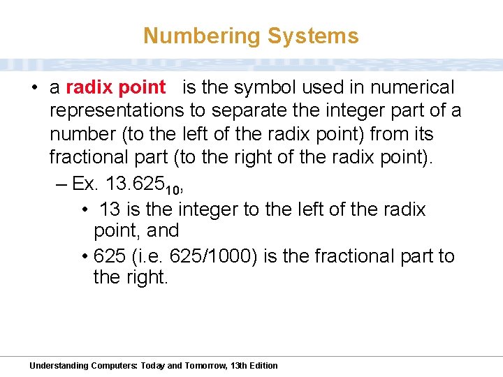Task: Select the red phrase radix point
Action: [x=115, y=88]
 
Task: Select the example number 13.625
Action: [x=134, y=184]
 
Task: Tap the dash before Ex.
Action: [x=60, y=185]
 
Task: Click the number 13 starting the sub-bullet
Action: [x=110, y=209]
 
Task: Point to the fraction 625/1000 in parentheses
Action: [x=217, y=256]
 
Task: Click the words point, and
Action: [x=136, y=230]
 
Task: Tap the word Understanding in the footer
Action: [x=59, y=366]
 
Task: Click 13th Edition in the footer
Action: [x=254, y=366]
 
